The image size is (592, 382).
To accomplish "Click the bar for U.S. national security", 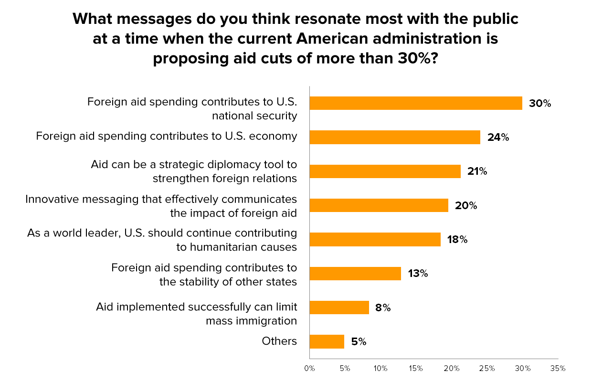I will [416, 103].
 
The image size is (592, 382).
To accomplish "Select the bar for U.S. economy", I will [395, 137].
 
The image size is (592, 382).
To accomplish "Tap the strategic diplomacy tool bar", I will [385, 171].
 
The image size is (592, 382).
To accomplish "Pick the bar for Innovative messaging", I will [379, 205].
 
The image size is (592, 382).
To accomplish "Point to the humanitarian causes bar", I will [375, 239].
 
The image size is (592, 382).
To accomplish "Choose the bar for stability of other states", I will [355, 273].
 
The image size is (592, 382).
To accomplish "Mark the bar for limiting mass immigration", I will [339, 308].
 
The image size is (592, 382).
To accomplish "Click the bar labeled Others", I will [327, 341].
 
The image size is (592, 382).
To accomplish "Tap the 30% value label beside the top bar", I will [539, 103].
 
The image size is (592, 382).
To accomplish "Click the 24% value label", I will [498, 138].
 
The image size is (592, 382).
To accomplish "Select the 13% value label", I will [418, 274].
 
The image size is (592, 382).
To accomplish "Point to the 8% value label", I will [383, 308].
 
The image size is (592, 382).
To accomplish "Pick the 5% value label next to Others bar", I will [359, 342].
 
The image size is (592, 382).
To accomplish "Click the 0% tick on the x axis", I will [309, 369].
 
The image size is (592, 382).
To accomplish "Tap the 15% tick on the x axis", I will [416, 369].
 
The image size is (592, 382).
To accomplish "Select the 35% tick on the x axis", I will [558, 369].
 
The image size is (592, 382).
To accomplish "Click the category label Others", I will [279, 341].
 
